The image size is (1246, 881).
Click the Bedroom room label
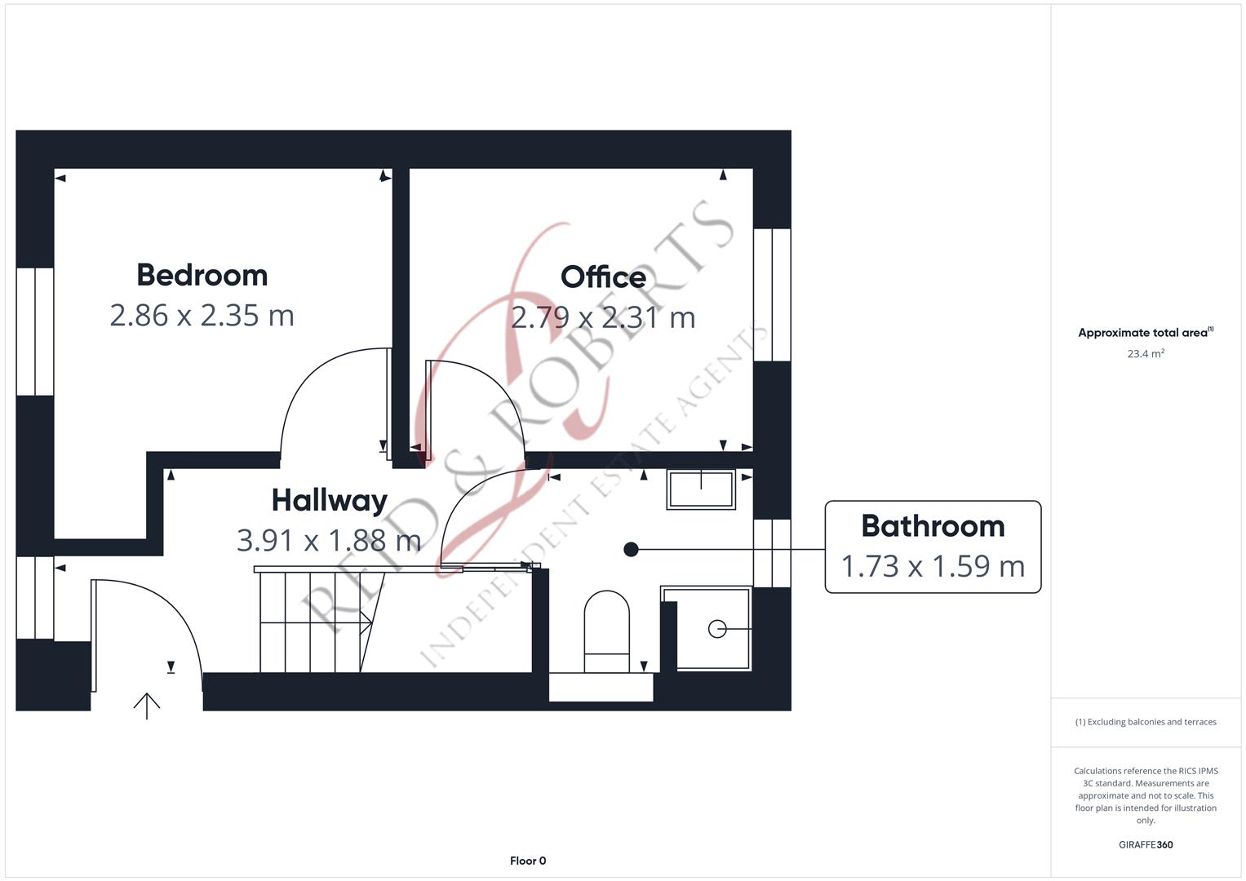coord(202,276)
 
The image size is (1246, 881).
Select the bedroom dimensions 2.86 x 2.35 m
coord(202,316)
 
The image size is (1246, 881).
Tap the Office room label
coord(603,277)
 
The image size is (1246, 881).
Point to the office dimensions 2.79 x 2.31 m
coord(603,317)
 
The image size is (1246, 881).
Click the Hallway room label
coord(329,500)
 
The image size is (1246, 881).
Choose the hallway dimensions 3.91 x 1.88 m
coord(329,540)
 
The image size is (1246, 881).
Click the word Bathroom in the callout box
coord(933,526)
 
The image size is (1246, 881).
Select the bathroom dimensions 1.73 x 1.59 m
coord(933,566)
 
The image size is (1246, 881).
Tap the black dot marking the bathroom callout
coord(631,550)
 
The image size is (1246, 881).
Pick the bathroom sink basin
coord(701,489)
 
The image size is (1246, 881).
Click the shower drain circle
coord(717,629)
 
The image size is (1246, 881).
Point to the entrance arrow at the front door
coord(147,705)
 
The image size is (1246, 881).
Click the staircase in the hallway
coord(314,622)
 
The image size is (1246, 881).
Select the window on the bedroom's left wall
coord(35,331)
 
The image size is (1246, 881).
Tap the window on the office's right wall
coord(772,294)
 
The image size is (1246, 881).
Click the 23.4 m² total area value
coord(1146,354)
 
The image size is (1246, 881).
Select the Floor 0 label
coord(528,861)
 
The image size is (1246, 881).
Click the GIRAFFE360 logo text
coord(1146,845)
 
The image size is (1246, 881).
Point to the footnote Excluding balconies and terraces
coord(1146,722)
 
